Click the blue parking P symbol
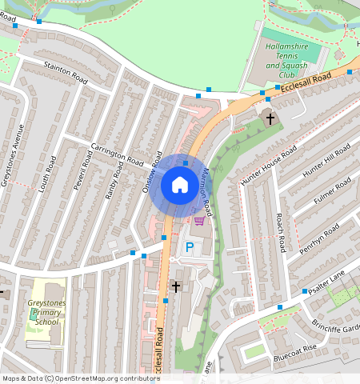coord(190,249)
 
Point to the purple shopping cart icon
coord(198,221)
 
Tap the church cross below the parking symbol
coord(175,285)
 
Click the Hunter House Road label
coord(268,167)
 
